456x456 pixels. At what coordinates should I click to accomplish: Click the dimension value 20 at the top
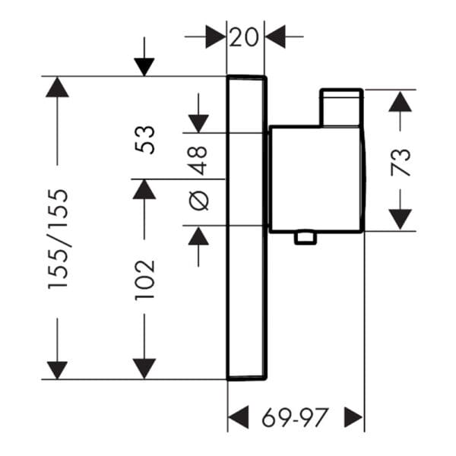pos(244,37)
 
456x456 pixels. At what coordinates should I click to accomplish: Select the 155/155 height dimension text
pos(58,239)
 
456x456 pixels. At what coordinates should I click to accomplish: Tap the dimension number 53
pos(144,140)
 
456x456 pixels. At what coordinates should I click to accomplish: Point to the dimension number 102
pos(144,280)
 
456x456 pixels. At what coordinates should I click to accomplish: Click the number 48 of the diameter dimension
pos(198,160)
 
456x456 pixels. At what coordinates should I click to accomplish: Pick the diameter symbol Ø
pos(199,201)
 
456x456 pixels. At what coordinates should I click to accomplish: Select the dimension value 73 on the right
pos(401,163)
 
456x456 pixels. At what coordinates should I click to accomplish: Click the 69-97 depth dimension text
pos(295,417)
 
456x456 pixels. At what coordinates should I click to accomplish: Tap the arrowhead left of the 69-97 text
pos(239,417)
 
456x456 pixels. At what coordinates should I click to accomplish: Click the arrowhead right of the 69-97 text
pos(353,417)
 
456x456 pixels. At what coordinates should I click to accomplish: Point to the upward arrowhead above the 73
pos(401,102)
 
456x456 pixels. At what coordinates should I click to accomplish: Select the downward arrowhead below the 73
pos(401,219)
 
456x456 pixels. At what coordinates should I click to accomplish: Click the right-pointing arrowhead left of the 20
pos(216,36)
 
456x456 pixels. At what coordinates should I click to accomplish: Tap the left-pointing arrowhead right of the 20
pos(275,36)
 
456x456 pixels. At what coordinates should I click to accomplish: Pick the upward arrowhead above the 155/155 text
pos(57,87)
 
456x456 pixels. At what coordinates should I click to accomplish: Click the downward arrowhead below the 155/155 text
pos(57,370)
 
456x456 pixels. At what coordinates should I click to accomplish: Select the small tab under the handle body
pos(305,238)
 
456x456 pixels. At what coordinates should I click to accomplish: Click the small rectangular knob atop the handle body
pos(341,108)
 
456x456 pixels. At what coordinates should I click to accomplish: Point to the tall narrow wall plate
pos(246,228)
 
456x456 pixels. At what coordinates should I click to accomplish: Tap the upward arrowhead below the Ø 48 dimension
pos(198,236)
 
